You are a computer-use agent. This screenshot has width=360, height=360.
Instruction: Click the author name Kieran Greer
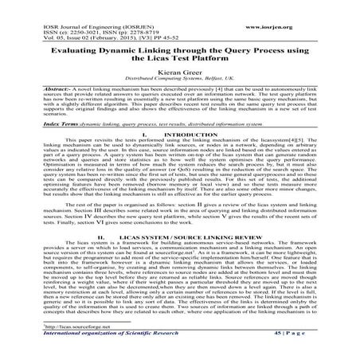(x=179, y=71)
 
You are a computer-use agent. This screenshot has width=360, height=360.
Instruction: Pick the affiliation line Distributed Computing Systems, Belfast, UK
(x=179, y=80)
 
